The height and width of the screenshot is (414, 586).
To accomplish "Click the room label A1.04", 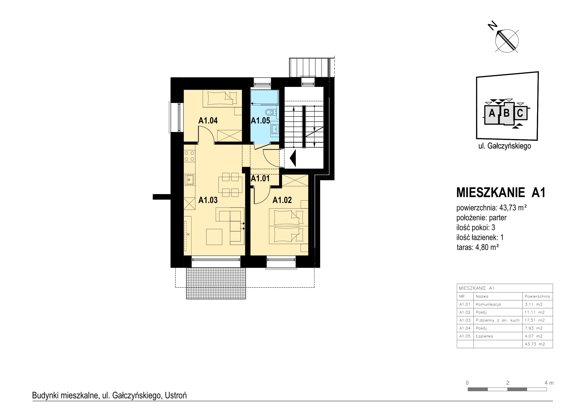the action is point(208,120).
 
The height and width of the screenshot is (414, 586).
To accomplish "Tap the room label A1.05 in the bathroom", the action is point(260,120).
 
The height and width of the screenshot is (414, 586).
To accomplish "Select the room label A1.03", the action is point(208,200).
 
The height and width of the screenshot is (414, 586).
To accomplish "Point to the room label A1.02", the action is point(282,200).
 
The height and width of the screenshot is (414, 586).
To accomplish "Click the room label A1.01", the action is point(260,178).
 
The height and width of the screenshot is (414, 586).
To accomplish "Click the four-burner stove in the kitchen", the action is point(189,156).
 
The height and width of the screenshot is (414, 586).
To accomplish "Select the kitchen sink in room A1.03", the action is point(189,180).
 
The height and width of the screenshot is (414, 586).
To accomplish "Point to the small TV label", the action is point(188,234).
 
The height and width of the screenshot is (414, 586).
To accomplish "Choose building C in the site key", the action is point(520,113).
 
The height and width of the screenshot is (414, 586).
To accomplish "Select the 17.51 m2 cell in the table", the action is point(535,320).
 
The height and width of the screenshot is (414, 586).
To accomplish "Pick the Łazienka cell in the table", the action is point(485,336).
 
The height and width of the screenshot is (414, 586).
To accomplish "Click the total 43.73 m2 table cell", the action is point(535,344).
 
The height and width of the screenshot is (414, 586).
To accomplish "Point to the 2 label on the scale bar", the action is point(508,383).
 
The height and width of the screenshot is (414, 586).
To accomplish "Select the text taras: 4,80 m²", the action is point(478,247).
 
